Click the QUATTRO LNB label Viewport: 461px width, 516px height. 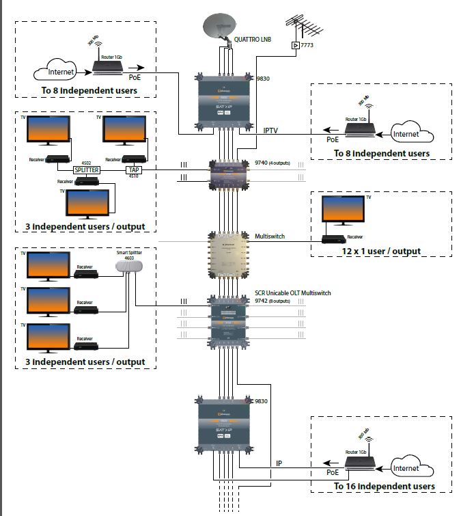(253, 40)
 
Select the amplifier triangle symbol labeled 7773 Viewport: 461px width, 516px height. (295, 45)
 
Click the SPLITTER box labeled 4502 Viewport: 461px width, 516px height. (87, 169)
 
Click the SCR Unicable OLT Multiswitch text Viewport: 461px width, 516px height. (292, 293)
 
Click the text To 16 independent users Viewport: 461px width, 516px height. (384, 487)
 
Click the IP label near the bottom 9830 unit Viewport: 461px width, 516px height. (279, 463)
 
